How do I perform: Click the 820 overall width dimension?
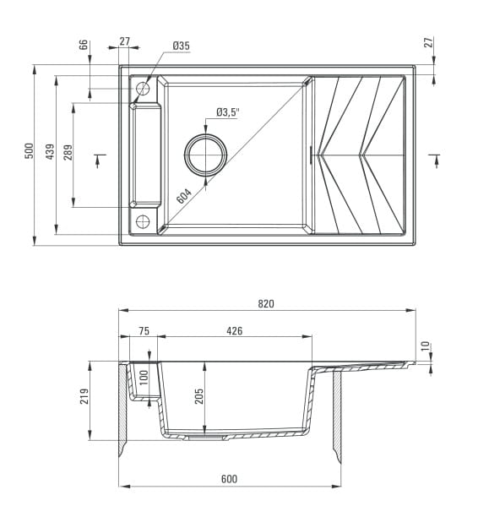point(266,303)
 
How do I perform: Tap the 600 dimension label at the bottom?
point(229,479)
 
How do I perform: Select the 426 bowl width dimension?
point(235,330)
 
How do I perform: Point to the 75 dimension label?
point(144,330)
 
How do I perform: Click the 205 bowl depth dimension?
point(199,396)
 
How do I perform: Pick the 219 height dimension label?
point(84,396)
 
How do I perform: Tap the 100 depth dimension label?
point(144,378)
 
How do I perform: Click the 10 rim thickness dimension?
point(426,346)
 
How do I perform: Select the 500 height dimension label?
point(29,150)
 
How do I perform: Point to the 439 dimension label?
point(50,151)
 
